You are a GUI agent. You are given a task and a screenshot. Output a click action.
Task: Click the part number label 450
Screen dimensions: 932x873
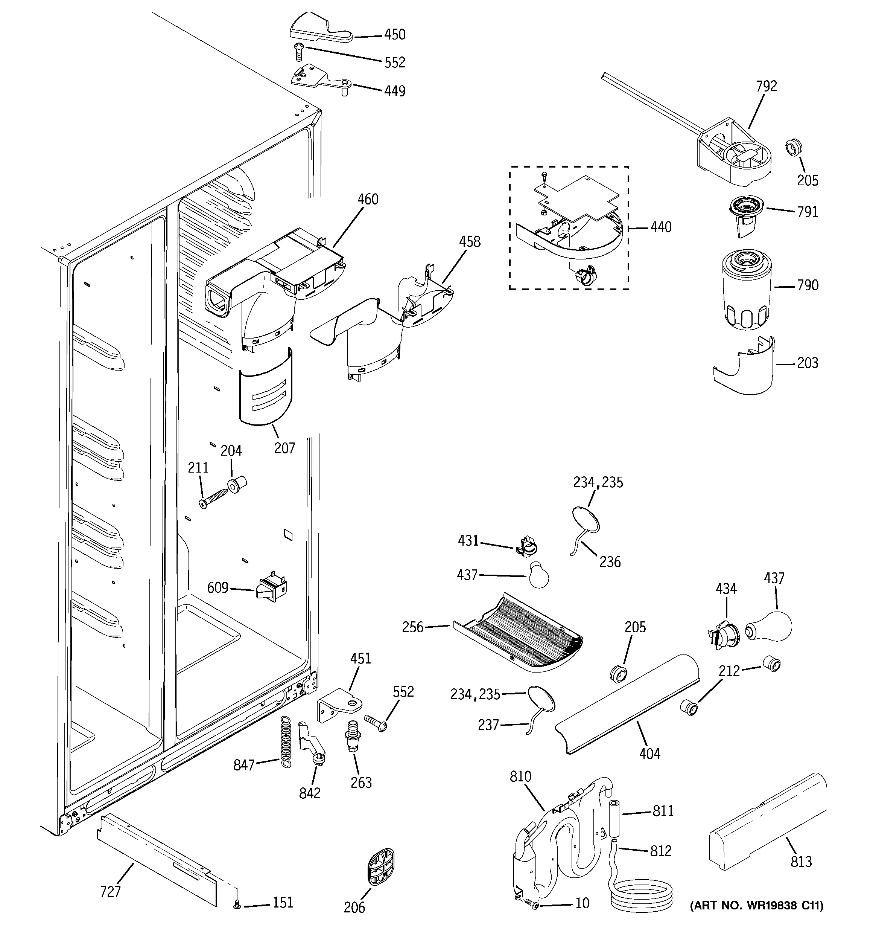point(395,34)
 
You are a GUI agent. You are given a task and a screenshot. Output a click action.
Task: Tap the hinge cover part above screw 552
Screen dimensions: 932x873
point(320,31)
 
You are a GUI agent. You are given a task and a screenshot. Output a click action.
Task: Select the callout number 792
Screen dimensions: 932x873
point(766,86)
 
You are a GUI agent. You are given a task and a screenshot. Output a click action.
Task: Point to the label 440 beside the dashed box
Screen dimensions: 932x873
point(661,227)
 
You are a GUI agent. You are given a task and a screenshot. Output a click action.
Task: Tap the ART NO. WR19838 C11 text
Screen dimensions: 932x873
point(756,919)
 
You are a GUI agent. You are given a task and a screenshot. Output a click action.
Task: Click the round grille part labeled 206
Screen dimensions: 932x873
point(380,868)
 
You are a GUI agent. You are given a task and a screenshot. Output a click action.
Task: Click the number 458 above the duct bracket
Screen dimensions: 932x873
point(469,242)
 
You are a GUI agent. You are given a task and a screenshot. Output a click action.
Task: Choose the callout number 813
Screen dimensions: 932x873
point(801,862)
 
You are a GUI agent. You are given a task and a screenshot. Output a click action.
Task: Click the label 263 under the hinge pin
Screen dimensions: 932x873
point(361,783)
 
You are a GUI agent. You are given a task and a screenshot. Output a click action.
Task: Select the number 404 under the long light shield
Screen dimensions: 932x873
point(649,754)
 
